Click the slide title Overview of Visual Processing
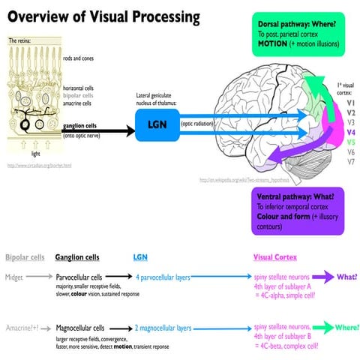[x=104, y=16]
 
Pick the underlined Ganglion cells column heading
[x=77, y=257]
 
